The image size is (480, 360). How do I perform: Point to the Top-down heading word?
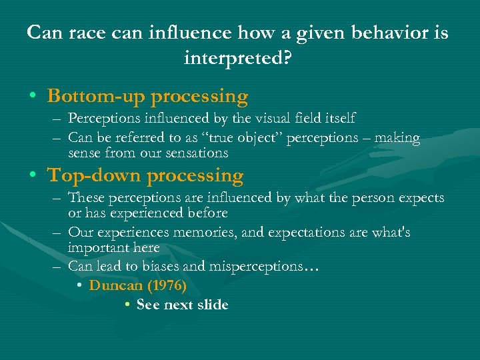(94, 176)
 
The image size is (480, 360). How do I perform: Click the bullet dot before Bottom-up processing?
(33, 97)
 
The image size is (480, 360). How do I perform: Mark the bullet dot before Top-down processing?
(33, 177)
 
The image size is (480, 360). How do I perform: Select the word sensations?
(197, 153)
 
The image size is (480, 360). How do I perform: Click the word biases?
(167, 266)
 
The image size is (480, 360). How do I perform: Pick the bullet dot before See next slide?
(127, 305)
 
